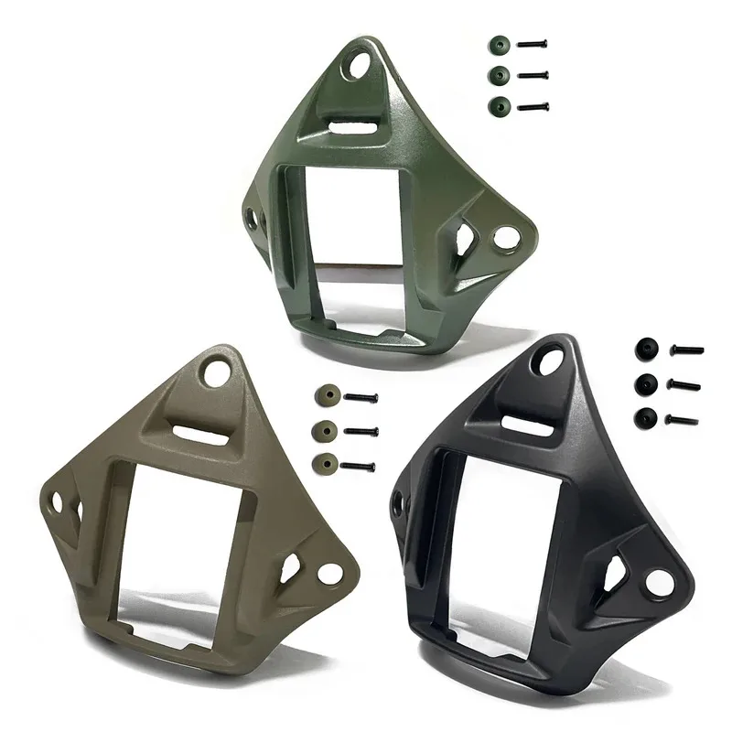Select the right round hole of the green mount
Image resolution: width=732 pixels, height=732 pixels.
501,238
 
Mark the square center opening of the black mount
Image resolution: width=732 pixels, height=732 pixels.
510,529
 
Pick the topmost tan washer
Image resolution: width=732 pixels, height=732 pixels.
325,396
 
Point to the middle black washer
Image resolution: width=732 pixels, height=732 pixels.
648,382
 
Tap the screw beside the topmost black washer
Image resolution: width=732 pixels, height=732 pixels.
686,350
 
